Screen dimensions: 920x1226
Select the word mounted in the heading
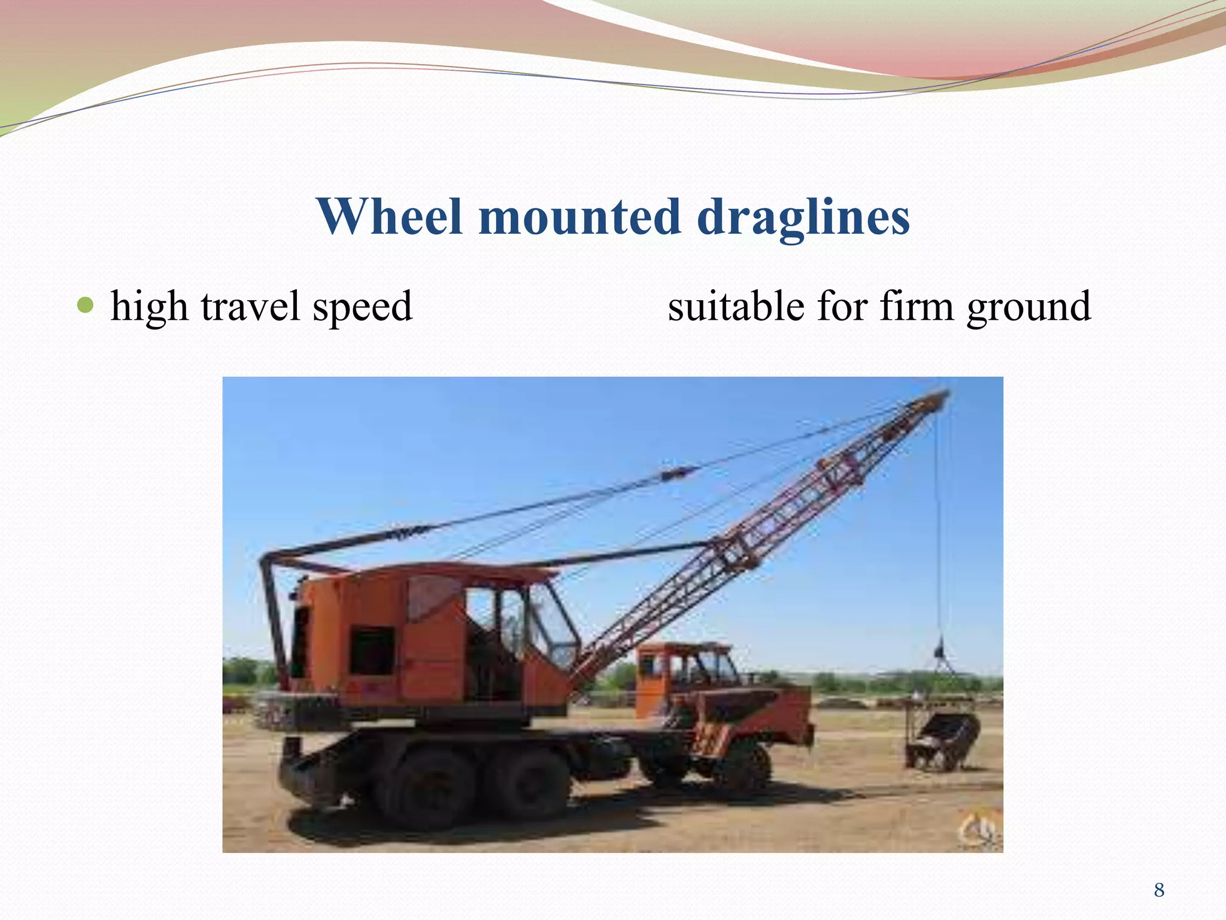click(579, 217)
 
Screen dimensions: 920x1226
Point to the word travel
click(250, 307)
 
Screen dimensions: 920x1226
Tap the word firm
click(917, 307)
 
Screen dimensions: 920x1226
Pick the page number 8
click(1159, 890)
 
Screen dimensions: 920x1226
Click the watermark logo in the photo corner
click(979, 830)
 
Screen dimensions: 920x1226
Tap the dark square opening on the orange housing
click(372, 650)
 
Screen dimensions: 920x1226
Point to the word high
click(149, 307)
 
